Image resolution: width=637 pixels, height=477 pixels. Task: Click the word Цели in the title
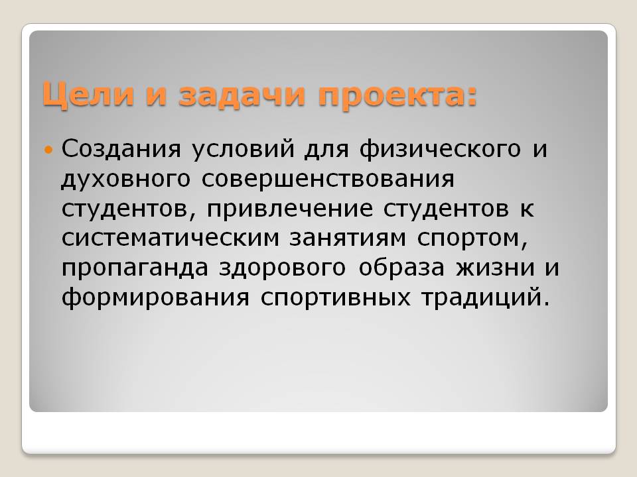pos(88,95)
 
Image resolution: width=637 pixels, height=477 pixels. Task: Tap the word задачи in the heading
pos(242,95)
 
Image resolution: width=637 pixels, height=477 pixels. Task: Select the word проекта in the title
pos(391,96)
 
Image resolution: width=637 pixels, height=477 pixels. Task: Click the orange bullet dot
pos(48,150)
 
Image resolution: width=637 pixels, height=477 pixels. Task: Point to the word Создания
pos(121,148)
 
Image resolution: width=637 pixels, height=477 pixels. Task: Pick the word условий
pos(243,150)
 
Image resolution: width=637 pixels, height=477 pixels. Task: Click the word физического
pos(440,150)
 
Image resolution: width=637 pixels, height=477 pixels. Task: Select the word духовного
pos(125,180)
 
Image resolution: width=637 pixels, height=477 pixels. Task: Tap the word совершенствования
pos(328,179)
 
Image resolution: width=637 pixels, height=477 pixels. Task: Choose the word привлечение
pos(290,209)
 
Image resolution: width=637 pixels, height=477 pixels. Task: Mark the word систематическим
pos(171,238)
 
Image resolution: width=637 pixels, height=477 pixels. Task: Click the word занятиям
pos(348,238)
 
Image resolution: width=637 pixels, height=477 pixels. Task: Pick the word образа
pos(401,268)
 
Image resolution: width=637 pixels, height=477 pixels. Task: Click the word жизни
pos(495,268)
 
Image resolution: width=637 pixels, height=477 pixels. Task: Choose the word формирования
pos(155,298)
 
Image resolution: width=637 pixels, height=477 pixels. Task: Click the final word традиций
pos(482,298)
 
